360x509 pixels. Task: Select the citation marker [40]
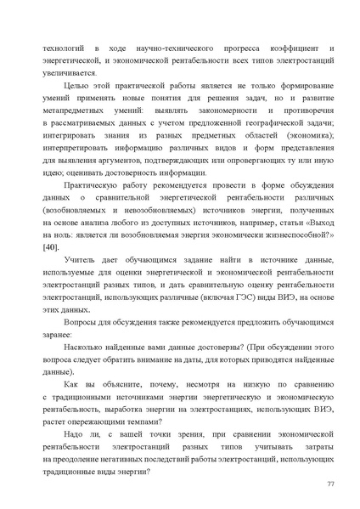pos(51,246)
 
